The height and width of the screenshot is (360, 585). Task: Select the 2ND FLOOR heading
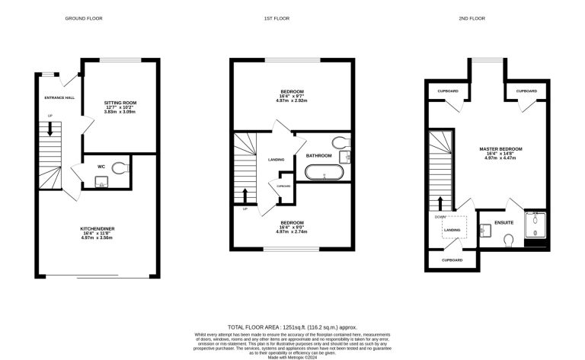(x=488, y=18)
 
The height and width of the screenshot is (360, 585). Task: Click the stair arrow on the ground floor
(x=50, y=130)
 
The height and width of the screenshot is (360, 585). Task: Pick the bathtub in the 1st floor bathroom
(x=325, y=172)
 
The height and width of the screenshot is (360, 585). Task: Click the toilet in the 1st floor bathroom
(x=341, y=142)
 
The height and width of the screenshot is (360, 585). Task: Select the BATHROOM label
(x=319, y=156)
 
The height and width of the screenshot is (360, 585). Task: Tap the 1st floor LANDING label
(x=277, y=160)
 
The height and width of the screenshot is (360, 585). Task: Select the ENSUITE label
(x=503, y=222)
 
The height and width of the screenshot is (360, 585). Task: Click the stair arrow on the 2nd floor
(x=441, y=204)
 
